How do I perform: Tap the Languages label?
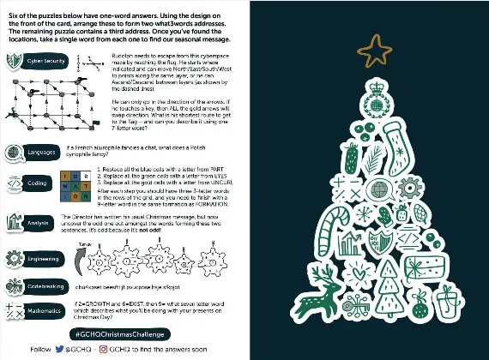[40, 152]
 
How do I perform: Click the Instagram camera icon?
[102, 350]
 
